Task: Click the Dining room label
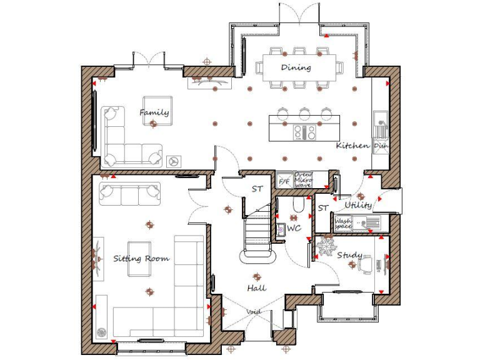(x=296, y=67)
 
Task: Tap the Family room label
(x=154, y=112)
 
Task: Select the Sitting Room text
(x=141, y=258)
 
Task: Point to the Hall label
(x=256, y=287)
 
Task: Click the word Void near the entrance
(x=254, y=312)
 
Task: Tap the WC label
(x=294, y=228)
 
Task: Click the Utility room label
(x=358, y=205)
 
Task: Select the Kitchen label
(x=352, y=146)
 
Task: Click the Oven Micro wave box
(x=303, y=180)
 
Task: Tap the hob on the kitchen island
(x=304, y=132)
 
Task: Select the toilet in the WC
(x=297, y=205)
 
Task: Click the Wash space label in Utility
(x=342, y=223)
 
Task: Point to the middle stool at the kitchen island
(x=304, y=112)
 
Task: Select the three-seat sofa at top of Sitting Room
(x=129, y=193)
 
